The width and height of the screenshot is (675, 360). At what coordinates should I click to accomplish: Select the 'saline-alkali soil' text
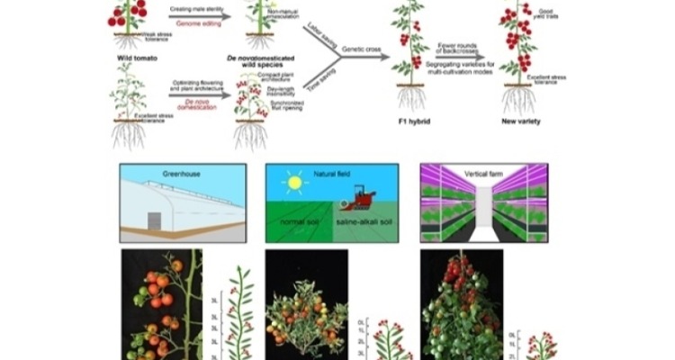point(364,221)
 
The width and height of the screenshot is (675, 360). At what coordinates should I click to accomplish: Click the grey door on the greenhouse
point(155,221)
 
